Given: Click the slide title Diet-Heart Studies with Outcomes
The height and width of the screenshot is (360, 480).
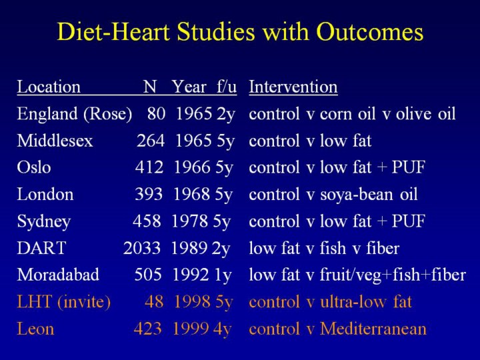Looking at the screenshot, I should pyautogui.click(x=240, y=33).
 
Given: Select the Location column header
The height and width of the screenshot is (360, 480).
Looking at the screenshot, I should pyautogui.click(x=49, y=87).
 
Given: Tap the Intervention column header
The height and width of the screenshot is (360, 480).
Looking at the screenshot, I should pyautogui.click(x=293, y=87).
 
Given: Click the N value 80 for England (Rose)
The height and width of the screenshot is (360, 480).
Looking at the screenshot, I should pyautogui.click(x=156, y=114).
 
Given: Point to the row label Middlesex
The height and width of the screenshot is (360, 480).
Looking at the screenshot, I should pyautogui.click(x=55, y=141).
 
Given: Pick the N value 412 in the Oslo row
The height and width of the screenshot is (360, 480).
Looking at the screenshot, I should pyautogui.click(x=149, y=167).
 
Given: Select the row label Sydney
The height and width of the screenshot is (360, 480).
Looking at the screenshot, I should pyautogui.click(x=43, y=221).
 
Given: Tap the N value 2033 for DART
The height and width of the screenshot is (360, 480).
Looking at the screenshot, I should pyautogui.click(x=141, y=249).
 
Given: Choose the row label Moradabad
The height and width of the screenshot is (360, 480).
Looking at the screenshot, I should pyautogui.click(x=58, y=275).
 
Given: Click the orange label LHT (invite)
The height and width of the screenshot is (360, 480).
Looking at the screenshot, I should pyautogui.click(x=63, y=302).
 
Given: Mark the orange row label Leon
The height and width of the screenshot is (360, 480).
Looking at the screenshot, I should pyautogui.click(x=35, y=329).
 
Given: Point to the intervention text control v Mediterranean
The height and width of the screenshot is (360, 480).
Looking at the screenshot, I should pyautogui.click(x=337, y=329).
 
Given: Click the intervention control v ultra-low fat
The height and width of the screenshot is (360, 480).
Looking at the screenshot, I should pyautogui.click(x=330, y=302).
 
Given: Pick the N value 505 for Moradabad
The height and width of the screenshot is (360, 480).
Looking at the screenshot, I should pyautogui.click(x=149, y=275).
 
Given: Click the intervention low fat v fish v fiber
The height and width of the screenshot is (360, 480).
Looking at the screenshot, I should pyautogui.click(x=324, y=249).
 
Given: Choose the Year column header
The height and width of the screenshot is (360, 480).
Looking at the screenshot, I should pyautogui.click(x=189, y=87).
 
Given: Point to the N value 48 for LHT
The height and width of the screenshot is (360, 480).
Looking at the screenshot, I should pyautogui.click(x=154, y=302).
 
